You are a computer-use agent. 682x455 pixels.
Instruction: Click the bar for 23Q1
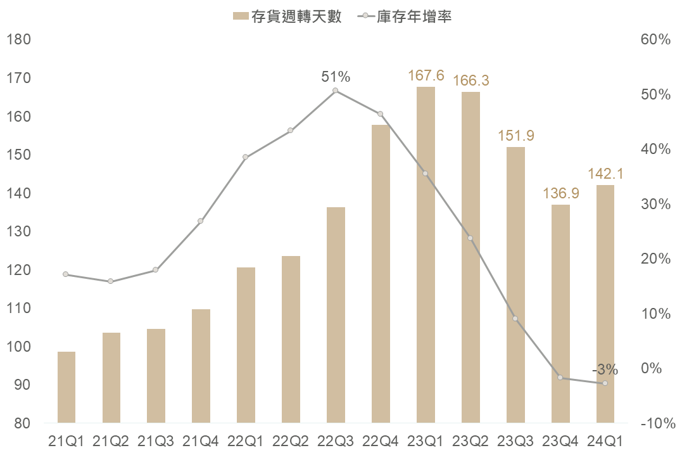pos(426,255)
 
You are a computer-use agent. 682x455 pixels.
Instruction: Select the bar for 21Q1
pos(66,387)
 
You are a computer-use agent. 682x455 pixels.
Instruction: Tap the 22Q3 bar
pos(336,314)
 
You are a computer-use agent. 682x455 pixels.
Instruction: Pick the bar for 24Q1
pos(605,304)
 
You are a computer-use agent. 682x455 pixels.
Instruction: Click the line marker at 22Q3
pos(336,91)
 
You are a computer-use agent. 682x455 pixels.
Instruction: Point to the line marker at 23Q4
pos(560,378)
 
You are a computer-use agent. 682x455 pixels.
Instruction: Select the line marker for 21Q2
pos(111,281)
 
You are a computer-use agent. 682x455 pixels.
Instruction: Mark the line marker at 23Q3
pos(515,319)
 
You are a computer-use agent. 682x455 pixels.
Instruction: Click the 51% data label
pos(336,77)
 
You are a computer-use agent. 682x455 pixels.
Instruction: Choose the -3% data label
pos(605,370)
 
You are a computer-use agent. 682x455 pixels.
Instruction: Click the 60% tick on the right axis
pos(655,40)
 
